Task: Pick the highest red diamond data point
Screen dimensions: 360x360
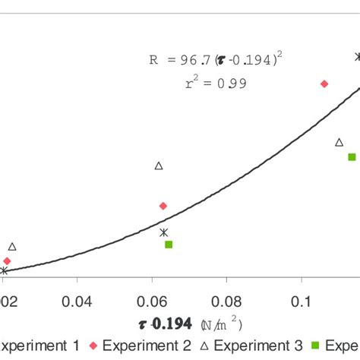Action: pyautogui.click(x=324, y=84)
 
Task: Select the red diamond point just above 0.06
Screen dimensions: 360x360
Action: pyautogui.click(x=163, y=206)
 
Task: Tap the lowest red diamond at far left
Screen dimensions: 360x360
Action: pyautogui.click(x=7, y=261)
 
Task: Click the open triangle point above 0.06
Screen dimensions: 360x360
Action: pyautogui.click(x=159, y=166)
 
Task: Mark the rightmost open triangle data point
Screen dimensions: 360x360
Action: pyautogui.click(x=339, y=142)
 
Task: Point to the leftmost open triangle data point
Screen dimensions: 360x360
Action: pyautogui.click(x=12, y=246)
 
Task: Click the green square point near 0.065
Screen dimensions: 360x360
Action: pyautogui.click(x=169, y=245)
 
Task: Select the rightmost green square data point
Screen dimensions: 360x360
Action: pyautogui.click(x=352, y=157)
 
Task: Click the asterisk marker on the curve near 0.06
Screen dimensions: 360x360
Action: pyautogui.click(x=163, y=232)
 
